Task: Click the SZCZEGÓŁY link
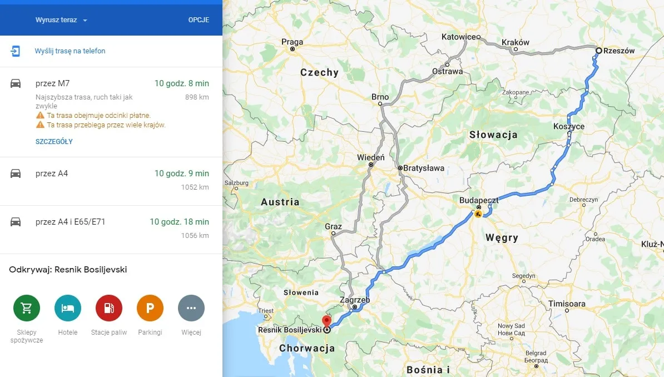point(54,142)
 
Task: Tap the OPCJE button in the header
point(199,20)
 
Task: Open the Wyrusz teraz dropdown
point(62,20)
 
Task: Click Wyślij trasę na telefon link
point(70,51)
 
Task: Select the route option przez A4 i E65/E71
point(70,222)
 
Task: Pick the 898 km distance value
point(197,97)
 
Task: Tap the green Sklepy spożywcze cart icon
point(27,308)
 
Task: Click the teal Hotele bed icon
point(68,308)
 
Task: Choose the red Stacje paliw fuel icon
point(109,308)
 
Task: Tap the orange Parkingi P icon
point(150,308)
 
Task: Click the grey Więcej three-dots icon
point(191,308)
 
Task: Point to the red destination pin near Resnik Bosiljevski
point(326,321)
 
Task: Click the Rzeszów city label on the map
point(618,51)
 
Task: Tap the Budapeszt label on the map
point(478,200)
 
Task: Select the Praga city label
point(292,42)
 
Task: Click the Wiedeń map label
point(370,158)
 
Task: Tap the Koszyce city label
point(569,127)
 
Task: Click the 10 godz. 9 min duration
point(182,173)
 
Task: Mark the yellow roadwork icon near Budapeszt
point(478,214)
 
